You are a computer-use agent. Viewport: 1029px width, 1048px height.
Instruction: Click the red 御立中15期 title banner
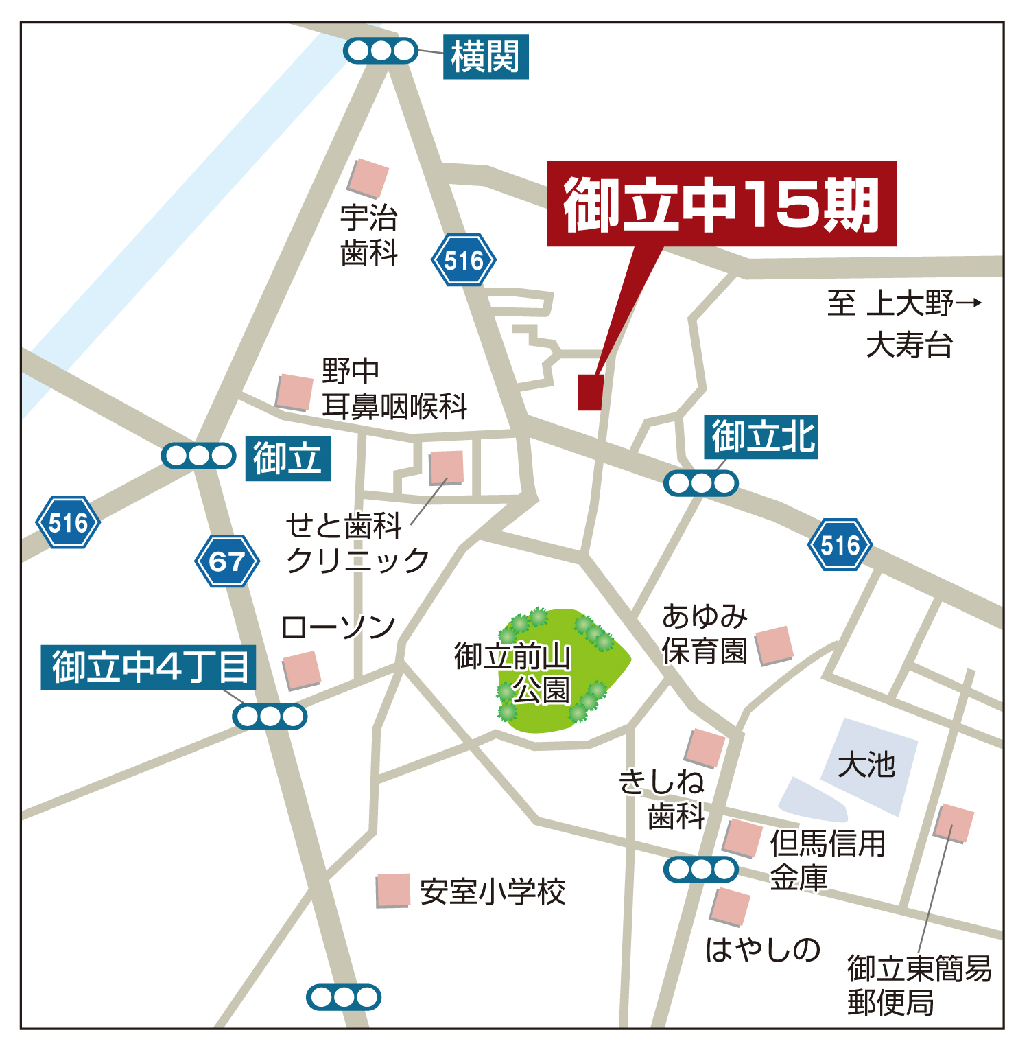(x=721, y=203)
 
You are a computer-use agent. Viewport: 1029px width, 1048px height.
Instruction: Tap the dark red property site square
(x=591, y=392)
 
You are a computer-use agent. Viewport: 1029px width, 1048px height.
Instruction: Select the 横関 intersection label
(x=486, y=56)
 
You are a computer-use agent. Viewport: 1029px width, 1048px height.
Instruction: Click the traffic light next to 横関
(x=380, y=51)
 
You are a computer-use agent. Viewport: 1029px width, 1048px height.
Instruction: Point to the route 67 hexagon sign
(x=227, y=561)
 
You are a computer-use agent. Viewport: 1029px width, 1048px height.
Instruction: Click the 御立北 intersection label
(x=761, y=437)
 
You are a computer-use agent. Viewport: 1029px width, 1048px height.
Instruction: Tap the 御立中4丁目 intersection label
(x=148, y=667)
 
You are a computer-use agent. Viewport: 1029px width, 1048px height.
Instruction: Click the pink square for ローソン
(x=302, y=670)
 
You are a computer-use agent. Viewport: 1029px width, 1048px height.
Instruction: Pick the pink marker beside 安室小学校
(x=393, y=890)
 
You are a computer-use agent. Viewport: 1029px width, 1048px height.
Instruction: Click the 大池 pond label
(x=866, y=764)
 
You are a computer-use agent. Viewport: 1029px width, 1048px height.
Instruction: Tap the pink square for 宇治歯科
(x=368, y=178)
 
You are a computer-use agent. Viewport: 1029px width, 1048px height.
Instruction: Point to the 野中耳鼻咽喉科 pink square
(x=295, y=392)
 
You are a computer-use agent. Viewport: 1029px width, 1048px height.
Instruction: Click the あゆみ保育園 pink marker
(x=774, y=645)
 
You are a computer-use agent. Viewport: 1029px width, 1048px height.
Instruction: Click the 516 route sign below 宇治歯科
(x=464, y=260)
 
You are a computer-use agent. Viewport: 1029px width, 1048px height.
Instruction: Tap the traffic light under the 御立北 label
(x=700, y=483)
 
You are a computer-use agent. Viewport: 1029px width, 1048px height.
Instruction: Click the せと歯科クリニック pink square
(x=446, y=467)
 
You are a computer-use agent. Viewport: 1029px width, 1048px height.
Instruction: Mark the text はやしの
(x=763, y=950)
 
